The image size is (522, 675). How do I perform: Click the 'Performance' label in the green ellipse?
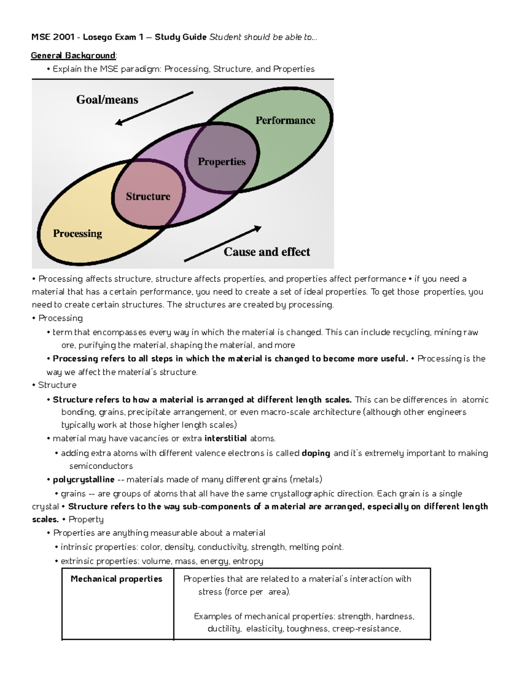point(285,120)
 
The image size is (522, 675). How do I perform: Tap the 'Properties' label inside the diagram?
point(221,162)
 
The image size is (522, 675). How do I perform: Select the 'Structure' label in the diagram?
point(148,196)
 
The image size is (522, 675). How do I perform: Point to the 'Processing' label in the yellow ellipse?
point(77,233)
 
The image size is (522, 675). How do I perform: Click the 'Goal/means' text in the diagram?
point(107,100)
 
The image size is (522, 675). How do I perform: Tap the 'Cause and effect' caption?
point(267,252)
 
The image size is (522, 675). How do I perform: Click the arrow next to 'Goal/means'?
point(154,108)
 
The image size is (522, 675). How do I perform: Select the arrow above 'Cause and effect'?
point(223,243)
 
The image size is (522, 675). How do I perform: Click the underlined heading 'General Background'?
point(73,55)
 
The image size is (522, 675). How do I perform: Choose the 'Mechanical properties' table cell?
point(116,579)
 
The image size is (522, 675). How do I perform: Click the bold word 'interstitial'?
point(225,438)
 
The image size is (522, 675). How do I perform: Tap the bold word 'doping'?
point(316,453)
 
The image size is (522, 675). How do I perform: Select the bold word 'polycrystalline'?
point(84,479)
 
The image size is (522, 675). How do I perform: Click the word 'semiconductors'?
point(101,466)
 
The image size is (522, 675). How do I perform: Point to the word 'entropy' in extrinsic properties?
point(248,561)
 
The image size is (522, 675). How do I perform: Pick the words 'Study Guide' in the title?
point(181,37)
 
